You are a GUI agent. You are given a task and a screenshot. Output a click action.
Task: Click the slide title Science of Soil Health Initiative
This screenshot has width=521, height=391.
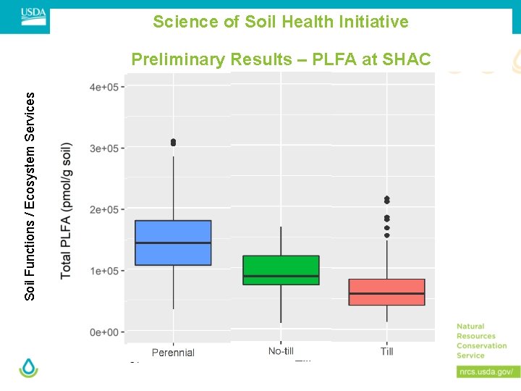click(281, 22)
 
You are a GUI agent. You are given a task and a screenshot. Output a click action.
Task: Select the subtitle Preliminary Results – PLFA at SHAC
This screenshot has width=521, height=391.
click(281, 59)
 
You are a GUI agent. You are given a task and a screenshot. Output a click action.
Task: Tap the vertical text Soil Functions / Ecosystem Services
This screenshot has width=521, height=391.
click(30, 196)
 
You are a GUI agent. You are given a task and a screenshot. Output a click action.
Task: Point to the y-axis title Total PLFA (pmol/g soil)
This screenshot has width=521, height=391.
click(67, 210)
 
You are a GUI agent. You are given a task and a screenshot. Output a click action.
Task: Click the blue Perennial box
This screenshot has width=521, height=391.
click(173, 243)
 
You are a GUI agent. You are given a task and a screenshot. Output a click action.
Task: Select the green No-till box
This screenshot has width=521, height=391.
click(281, 270)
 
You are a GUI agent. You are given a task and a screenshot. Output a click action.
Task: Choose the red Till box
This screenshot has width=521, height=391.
click(386, 292)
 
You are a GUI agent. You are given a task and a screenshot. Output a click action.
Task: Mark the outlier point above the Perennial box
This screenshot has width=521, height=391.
click(173, 143)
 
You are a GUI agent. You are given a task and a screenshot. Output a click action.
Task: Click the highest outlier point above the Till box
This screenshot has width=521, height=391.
click(386, 199)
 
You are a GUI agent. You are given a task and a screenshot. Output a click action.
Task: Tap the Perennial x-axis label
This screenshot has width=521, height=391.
click(173, 353)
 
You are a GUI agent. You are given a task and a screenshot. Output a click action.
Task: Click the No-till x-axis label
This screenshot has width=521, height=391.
click(281, 351)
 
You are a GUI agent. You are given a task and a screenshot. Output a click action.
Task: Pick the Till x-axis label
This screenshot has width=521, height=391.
click(386, 351)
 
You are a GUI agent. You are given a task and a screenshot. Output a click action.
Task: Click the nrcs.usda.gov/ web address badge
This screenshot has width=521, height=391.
click(488, 371)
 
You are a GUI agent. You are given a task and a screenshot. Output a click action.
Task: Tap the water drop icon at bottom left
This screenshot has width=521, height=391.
click(29, 368)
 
